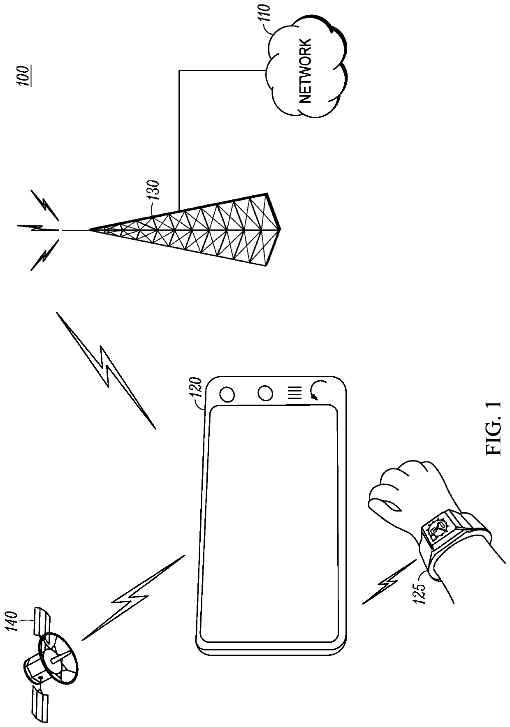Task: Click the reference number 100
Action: (x=26, y=75)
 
